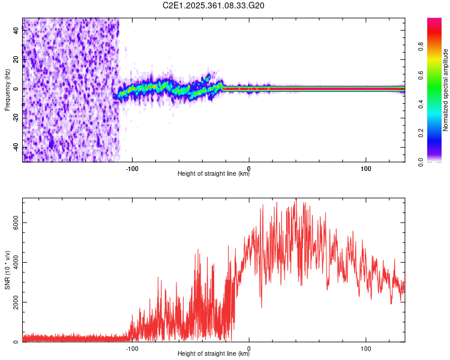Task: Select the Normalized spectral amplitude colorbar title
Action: [446, 90]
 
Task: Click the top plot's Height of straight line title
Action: [214, 174]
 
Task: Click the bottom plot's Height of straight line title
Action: [214, 354]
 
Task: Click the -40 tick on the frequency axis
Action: [16, 148]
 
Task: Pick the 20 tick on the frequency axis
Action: [16, 59]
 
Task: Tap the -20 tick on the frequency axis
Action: [16, 118]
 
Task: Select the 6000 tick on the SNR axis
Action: [16, 222]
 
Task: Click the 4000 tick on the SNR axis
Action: [16, 262]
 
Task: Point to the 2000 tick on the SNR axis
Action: [16, 302]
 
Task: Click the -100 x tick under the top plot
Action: [132, 167]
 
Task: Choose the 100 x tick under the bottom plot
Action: [366, 347]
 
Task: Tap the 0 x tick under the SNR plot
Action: [249, 347]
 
